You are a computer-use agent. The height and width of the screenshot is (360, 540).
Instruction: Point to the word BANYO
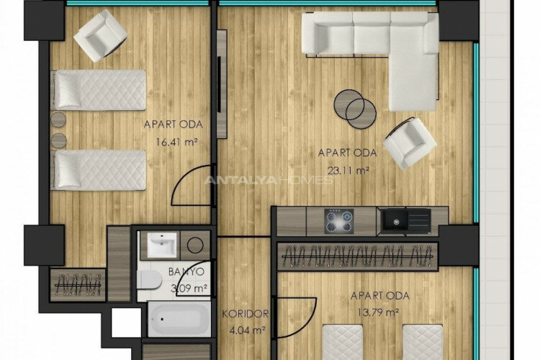[186, 271]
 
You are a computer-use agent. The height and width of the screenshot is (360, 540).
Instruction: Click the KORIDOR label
[246, 314]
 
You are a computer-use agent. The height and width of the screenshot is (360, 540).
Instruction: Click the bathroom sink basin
[162, 246]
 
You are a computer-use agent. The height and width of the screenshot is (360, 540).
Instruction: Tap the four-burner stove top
[339, 220]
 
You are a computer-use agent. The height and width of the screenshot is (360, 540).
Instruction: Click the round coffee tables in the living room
[355, 108]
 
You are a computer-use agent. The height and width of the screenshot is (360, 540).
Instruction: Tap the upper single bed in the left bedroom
[99, 89]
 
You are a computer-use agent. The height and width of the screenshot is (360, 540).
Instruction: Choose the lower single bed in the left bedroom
[99, 169]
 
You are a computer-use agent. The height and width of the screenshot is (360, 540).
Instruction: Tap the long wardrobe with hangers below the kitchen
[358, 256]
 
